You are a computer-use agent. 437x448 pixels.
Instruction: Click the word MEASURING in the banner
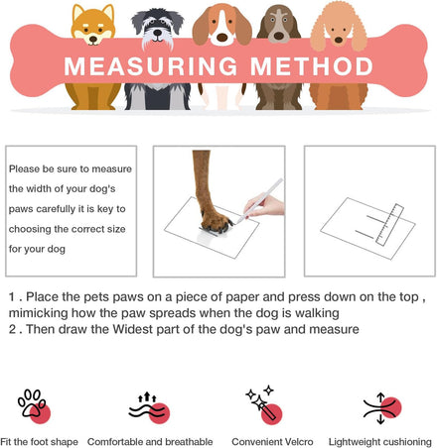pyautogui.click(x=151, y=66)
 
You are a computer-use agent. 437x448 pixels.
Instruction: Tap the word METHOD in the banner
pyautogui.click(x=312, y=66)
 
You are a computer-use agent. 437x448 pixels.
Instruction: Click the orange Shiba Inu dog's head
pyautogui.click(x=93, y=25)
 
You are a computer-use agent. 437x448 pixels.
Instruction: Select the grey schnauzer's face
pyautogui.click(x=158, y=28)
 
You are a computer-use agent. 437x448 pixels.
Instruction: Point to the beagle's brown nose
pyautogui.click(x=222, y=38)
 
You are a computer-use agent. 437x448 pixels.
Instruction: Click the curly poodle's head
pyautogui.click(x=339, y=27)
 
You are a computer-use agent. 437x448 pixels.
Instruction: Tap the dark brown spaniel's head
pyautogui.click(x=279, y=25)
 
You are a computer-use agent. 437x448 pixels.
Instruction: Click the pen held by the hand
pyautogui.click(x=260, y=200)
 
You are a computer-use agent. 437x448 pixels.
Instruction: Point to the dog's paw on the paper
pyautogui.click(x=216, y=221)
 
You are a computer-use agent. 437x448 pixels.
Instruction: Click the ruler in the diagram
pyautogui.click(x=389, y=225)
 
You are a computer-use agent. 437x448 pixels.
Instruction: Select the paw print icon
pyautogui.click(x=34, y=406)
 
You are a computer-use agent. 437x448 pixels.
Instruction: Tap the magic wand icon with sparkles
pyautogui.click(x=264, y=405)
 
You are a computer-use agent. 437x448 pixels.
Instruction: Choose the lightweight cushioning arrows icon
pyautogui.click(x=382, y=408)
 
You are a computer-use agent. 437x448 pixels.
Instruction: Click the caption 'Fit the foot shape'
pyautogui.click(x=39, y=442)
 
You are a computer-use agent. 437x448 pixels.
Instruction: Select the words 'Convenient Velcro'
pyautogui.click(x=272, y=442)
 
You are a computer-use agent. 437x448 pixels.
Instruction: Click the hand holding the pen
pyautogui.click(x=266, y=205)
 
